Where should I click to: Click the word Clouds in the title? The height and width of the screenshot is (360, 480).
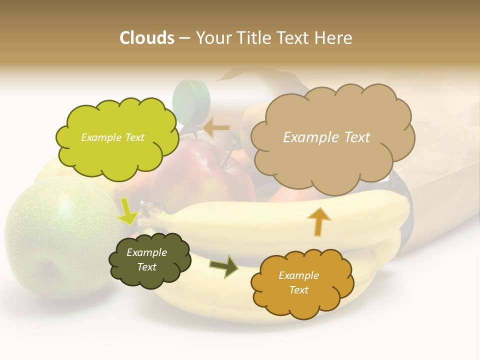(147, 38)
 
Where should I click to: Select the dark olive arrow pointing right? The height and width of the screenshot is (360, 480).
(224, 266)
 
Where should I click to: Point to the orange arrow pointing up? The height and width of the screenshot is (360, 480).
(319, 221)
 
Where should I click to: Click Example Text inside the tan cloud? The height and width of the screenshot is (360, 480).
(326, 137)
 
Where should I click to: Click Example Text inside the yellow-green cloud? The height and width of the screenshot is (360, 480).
(112, 137)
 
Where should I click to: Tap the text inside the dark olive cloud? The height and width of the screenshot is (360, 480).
(146, 259)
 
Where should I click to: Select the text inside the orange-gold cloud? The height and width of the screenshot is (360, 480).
(298, 282)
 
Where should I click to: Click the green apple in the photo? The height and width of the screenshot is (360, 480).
(55, 235)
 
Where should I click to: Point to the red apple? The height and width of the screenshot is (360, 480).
(200, 175)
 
